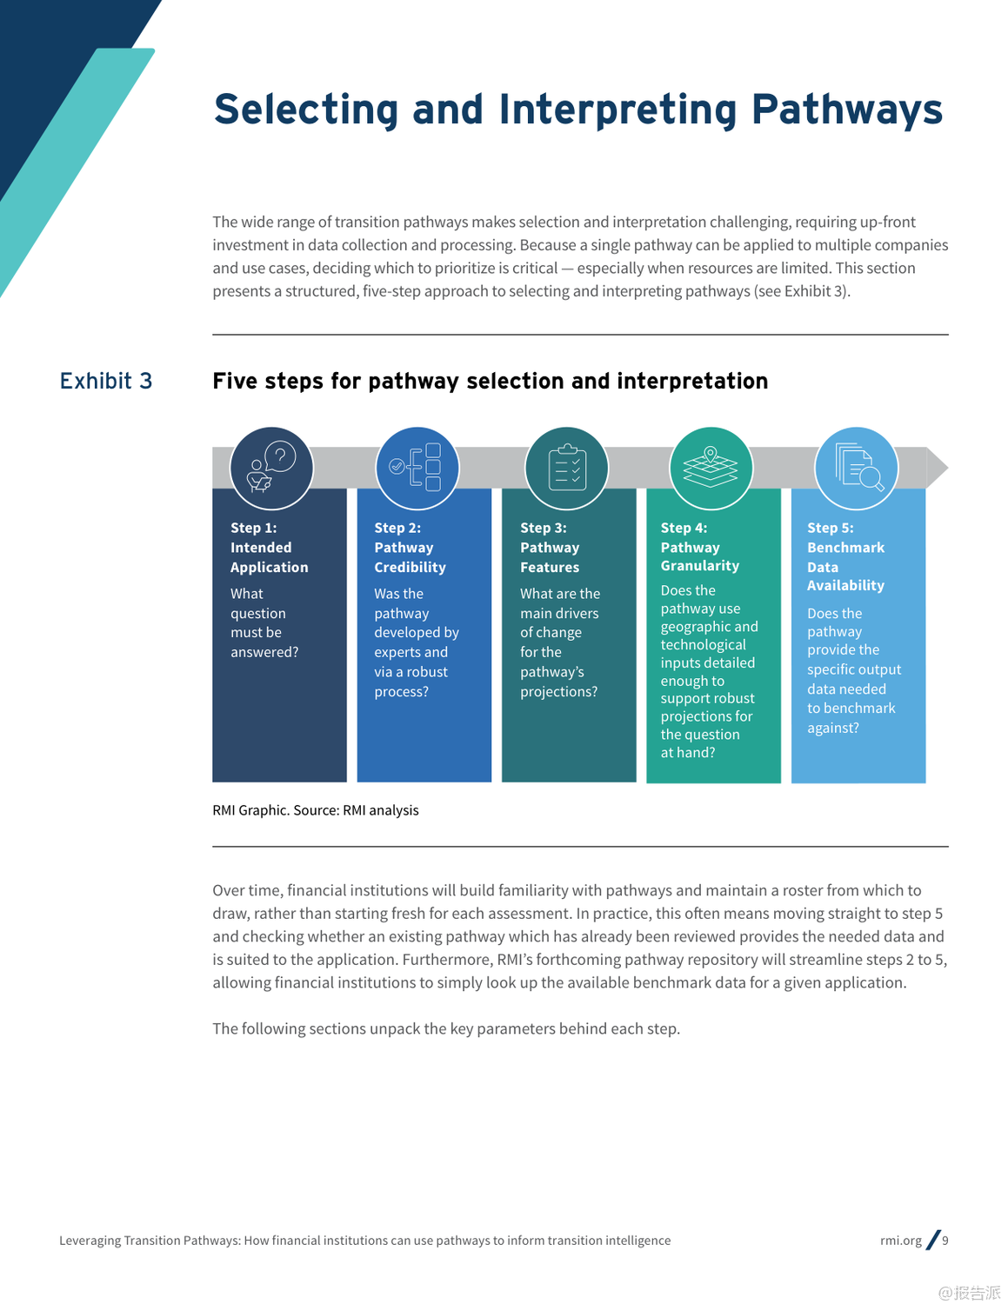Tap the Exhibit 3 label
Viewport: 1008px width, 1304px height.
[x=106, y=381]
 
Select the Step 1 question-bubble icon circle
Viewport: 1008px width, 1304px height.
[x=271, y=468]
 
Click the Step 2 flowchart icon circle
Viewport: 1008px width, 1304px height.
[x=417, y=468]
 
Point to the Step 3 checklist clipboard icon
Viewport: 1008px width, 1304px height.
[x=567, y=468]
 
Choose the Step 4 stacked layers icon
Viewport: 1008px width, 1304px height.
[x=711, y=468]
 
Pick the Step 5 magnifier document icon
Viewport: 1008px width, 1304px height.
[x=857, y=468]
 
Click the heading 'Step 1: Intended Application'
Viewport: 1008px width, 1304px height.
[x=269, y=548]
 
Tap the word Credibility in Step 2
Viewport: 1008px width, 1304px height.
[x=410, y=567]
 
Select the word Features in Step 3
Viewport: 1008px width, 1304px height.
[x=550, y=567]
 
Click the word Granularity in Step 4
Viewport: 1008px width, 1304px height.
[x=700, y=565]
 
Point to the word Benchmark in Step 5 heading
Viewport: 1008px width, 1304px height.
[x=845, y=548]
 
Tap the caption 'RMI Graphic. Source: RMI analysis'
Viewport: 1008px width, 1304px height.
[x=316, y=810]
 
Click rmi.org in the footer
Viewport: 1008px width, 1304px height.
[x=901, y=1241]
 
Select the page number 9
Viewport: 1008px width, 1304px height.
[x=945, y=1241]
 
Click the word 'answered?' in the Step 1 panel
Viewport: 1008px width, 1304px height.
[x=264, y=652]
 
